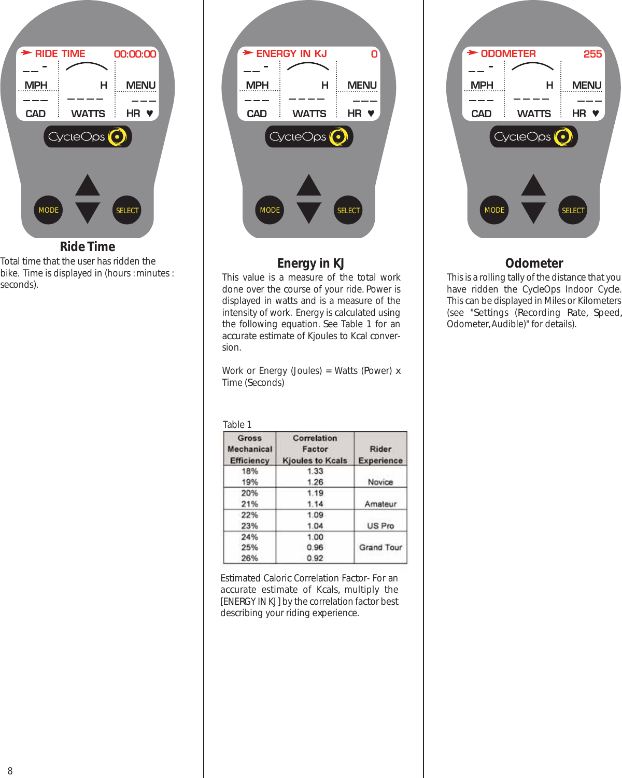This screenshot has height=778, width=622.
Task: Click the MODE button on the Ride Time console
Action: (48, 210)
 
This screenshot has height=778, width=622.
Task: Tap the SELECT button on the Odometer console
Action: (573, 210)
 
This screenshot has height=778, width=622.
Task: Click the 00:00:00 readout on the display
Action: (135, 54)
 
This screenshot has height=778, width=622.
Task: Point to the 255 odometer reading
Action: (592, 54)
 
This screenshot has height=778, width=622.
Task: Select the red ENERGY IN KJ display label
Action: (291, 53)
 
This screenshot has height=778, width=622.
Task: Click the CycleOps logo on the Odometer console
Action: (533, 137)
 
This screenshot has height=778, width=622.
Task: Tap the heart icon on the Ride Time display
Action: (150, 113)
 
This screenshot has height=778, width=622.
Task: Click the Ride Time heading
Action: (88, 247)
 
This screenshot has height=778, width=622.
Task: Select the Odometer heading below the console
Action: (534, 263)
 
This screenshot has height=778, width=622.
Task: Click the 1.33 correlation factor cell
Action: (315, 471)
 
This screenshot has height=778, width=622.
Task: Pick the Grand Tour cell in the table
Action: (380, 547)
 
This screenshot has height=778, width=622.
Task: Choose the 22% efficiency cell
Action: (249, 515)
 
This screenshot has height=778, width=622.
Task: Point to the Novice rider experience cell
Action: (380, 482)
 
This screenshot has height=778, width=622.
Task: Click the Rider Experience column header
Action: (380, 454)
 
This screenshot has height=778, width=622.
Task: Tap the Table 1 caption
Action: (237, 424)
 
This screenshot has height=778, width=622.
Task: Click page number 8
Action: (10, 771)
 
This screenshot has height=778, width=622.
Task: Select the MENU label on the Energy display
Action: (362, 85)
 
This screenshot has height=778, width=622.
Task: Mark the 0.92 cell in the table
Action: (315, 558)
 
